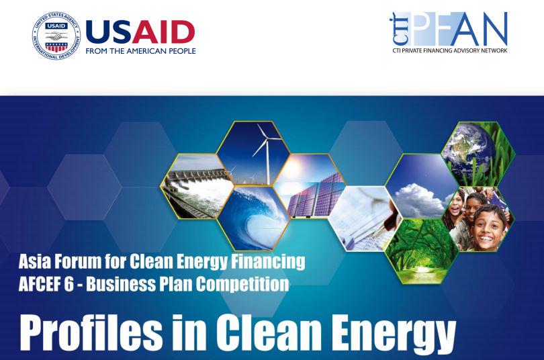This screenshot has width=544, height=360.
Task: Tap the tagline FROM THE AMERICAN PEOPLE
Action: (x=141, y=52)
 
